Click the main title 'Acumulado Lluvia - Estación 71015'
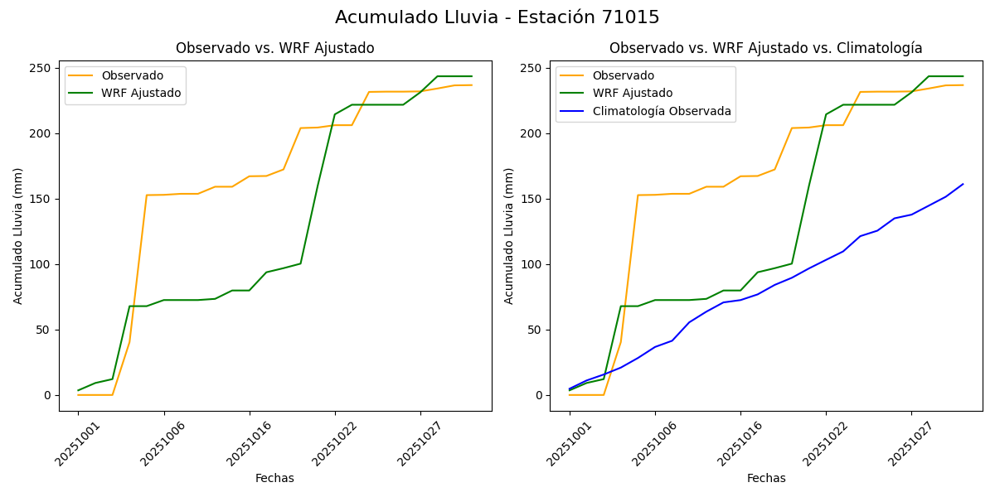[498, 17]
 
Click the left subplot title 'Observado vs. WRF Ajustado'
[274, 48]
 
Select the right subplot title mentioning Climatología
[765, 48]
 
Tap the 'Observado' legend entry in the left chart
[132, 75]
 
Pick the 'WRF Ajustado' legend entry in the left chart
[141, 93]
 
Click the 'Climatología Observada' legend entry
[662, 111]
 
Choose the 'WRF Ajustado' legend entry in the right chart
[632, 93]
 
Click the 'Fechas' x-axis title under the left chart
[274, 478]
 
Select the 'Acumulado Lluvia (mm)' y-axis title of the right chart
[509, 235]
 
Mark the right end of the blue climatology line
[963, 184]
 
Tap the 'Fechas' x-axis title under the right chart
[766, 478]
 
